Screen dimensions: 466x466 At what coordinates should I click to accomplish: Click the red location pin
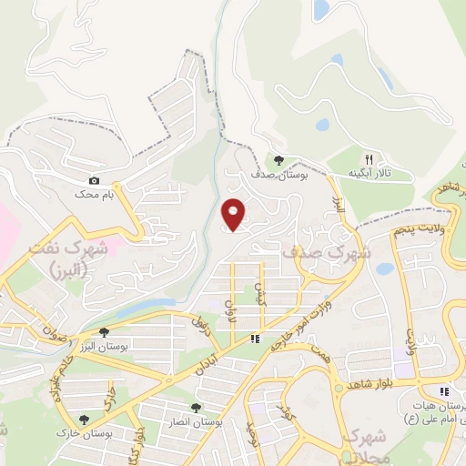click(234, 215)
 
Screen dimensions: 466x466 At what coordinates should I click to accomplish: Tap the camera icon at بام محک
click(95, 181)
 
